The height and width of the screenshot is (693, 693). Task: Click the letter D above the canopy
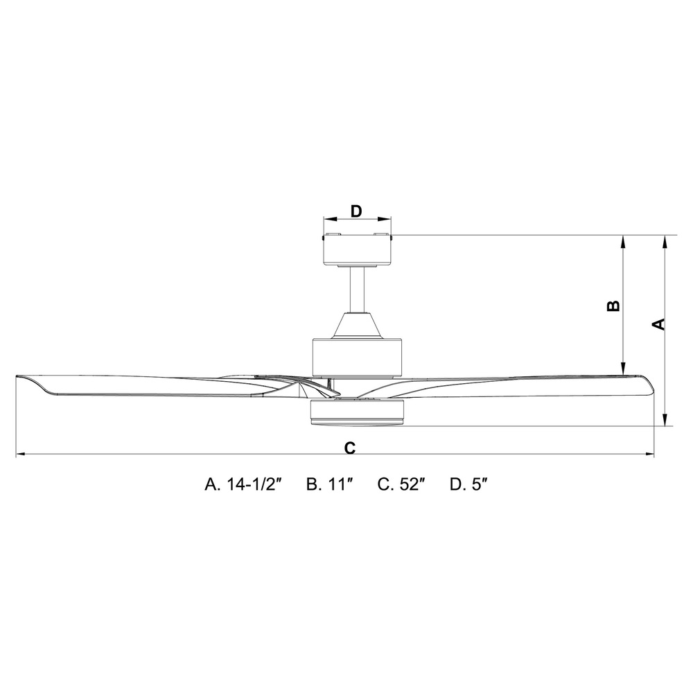(356, 211)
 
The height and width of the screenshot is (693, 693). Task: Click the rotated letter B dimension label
(613, 306)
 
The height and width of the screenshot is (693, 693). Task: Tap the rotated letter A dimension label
(658, 324)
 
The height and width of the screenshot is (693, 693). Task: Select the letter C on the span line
(349, 448)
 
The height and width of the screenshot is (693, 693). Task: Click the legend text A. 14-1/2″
(243, 484)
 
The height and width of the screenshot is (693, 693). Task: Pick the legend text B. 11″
(330, 484)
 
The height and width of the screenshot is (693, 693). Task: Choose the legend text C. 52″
(401, 484)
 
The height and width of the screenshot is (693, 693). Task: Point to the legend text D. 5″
(468, 484)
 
